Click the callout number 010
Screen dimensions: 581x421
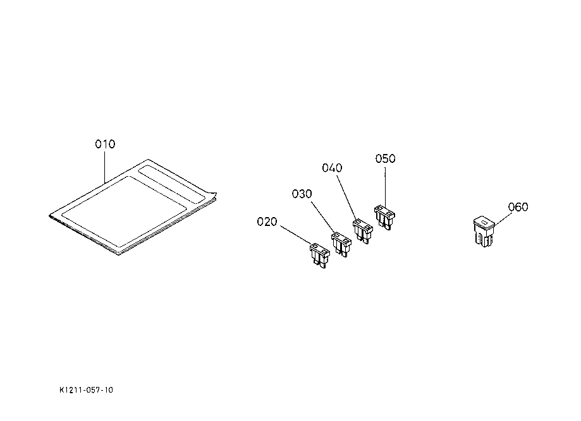pyautogui.click(x=105, y=145)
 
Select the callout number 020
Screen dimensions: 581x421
pyautogui.click(x=267, y=222)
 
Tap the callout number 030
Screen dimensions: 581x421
pyautogui.click(x=302, y=194)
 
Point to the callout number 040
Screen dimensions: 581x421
pyautogui.click(x=332, y=168)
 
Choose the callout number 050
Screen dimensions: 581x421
pyautogui.click(x=385, y=158)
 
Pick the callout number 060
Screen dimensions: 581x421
pyautogui.click(x=518, y=207)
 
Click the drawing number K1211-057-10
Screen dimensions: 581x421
pyautogui.click(x=87, y=390)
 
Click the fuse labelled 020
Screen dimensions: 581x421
pyautogui.click(x=320, y=255)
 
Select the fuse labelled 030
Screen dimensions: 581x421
pyautogui.click(x=341, y=243)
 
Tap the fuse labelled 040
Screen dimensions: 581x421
pyautogui.click(x=362, y=229)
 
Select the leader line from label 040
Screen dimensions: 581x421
pyautogui.click(x=347, y=196)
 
